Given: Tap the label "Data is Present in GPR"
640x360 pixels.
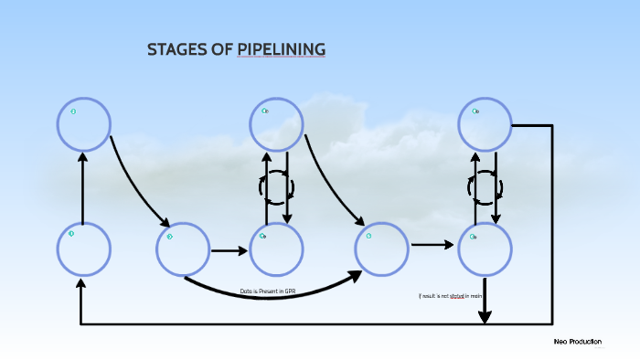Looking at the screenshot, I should point(268,291).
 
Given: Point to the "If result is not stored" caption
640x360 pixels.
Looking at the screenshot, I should point(449,296).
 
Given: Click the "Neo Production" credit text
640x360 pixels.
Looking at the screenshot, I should point(577,341).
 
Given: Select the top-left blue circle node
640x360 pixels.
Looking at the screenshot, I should point(84,124).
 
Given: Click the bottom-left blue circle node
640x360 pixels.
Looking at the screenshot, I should point(84,249).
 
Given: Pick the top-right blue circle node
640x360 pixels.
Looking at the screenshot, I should point(484,124).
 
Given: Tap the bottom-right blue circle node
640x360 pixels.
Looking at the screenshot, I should point(484,249).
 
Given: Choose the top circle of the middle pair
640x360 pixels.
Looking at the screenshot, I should point(276,124).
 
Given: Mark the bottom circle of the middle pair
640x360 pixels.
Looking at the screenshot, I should point(276,249).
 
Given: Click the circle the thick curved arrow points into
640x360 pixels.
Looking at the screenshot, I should point(381,249).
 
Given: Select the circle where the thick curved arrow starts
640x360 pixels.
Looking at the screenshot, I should point(183,249).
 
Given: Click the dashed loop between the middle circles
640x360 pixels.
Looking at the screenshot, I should point(276,187).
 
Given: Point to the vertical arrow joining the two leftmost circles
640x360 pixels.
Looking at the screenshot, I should point(83,187).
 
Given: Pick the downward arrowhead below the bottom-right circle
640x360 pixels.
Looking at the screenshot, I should point(485,314).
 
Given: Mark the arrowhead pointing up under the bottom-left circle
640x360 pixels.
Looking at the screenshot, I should point(81,285).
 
